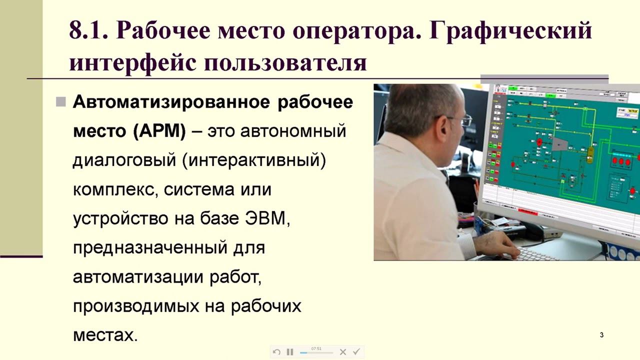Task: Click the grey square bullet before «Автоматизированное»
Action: pos(61,102)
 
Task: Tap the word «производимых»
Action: pos(136,305)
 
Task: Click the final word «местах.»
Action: pos(105,334)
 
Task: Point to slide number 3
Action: pos(601,335)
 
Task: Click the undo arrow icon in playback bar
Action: pos(276,352)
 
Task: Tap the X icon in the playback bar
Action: pos(343,352)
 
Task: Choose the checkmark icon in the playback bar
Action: pos(356,352)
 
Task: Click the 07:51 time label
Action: pos(316,348)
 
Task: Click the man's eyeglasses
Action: pos(462,120)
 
